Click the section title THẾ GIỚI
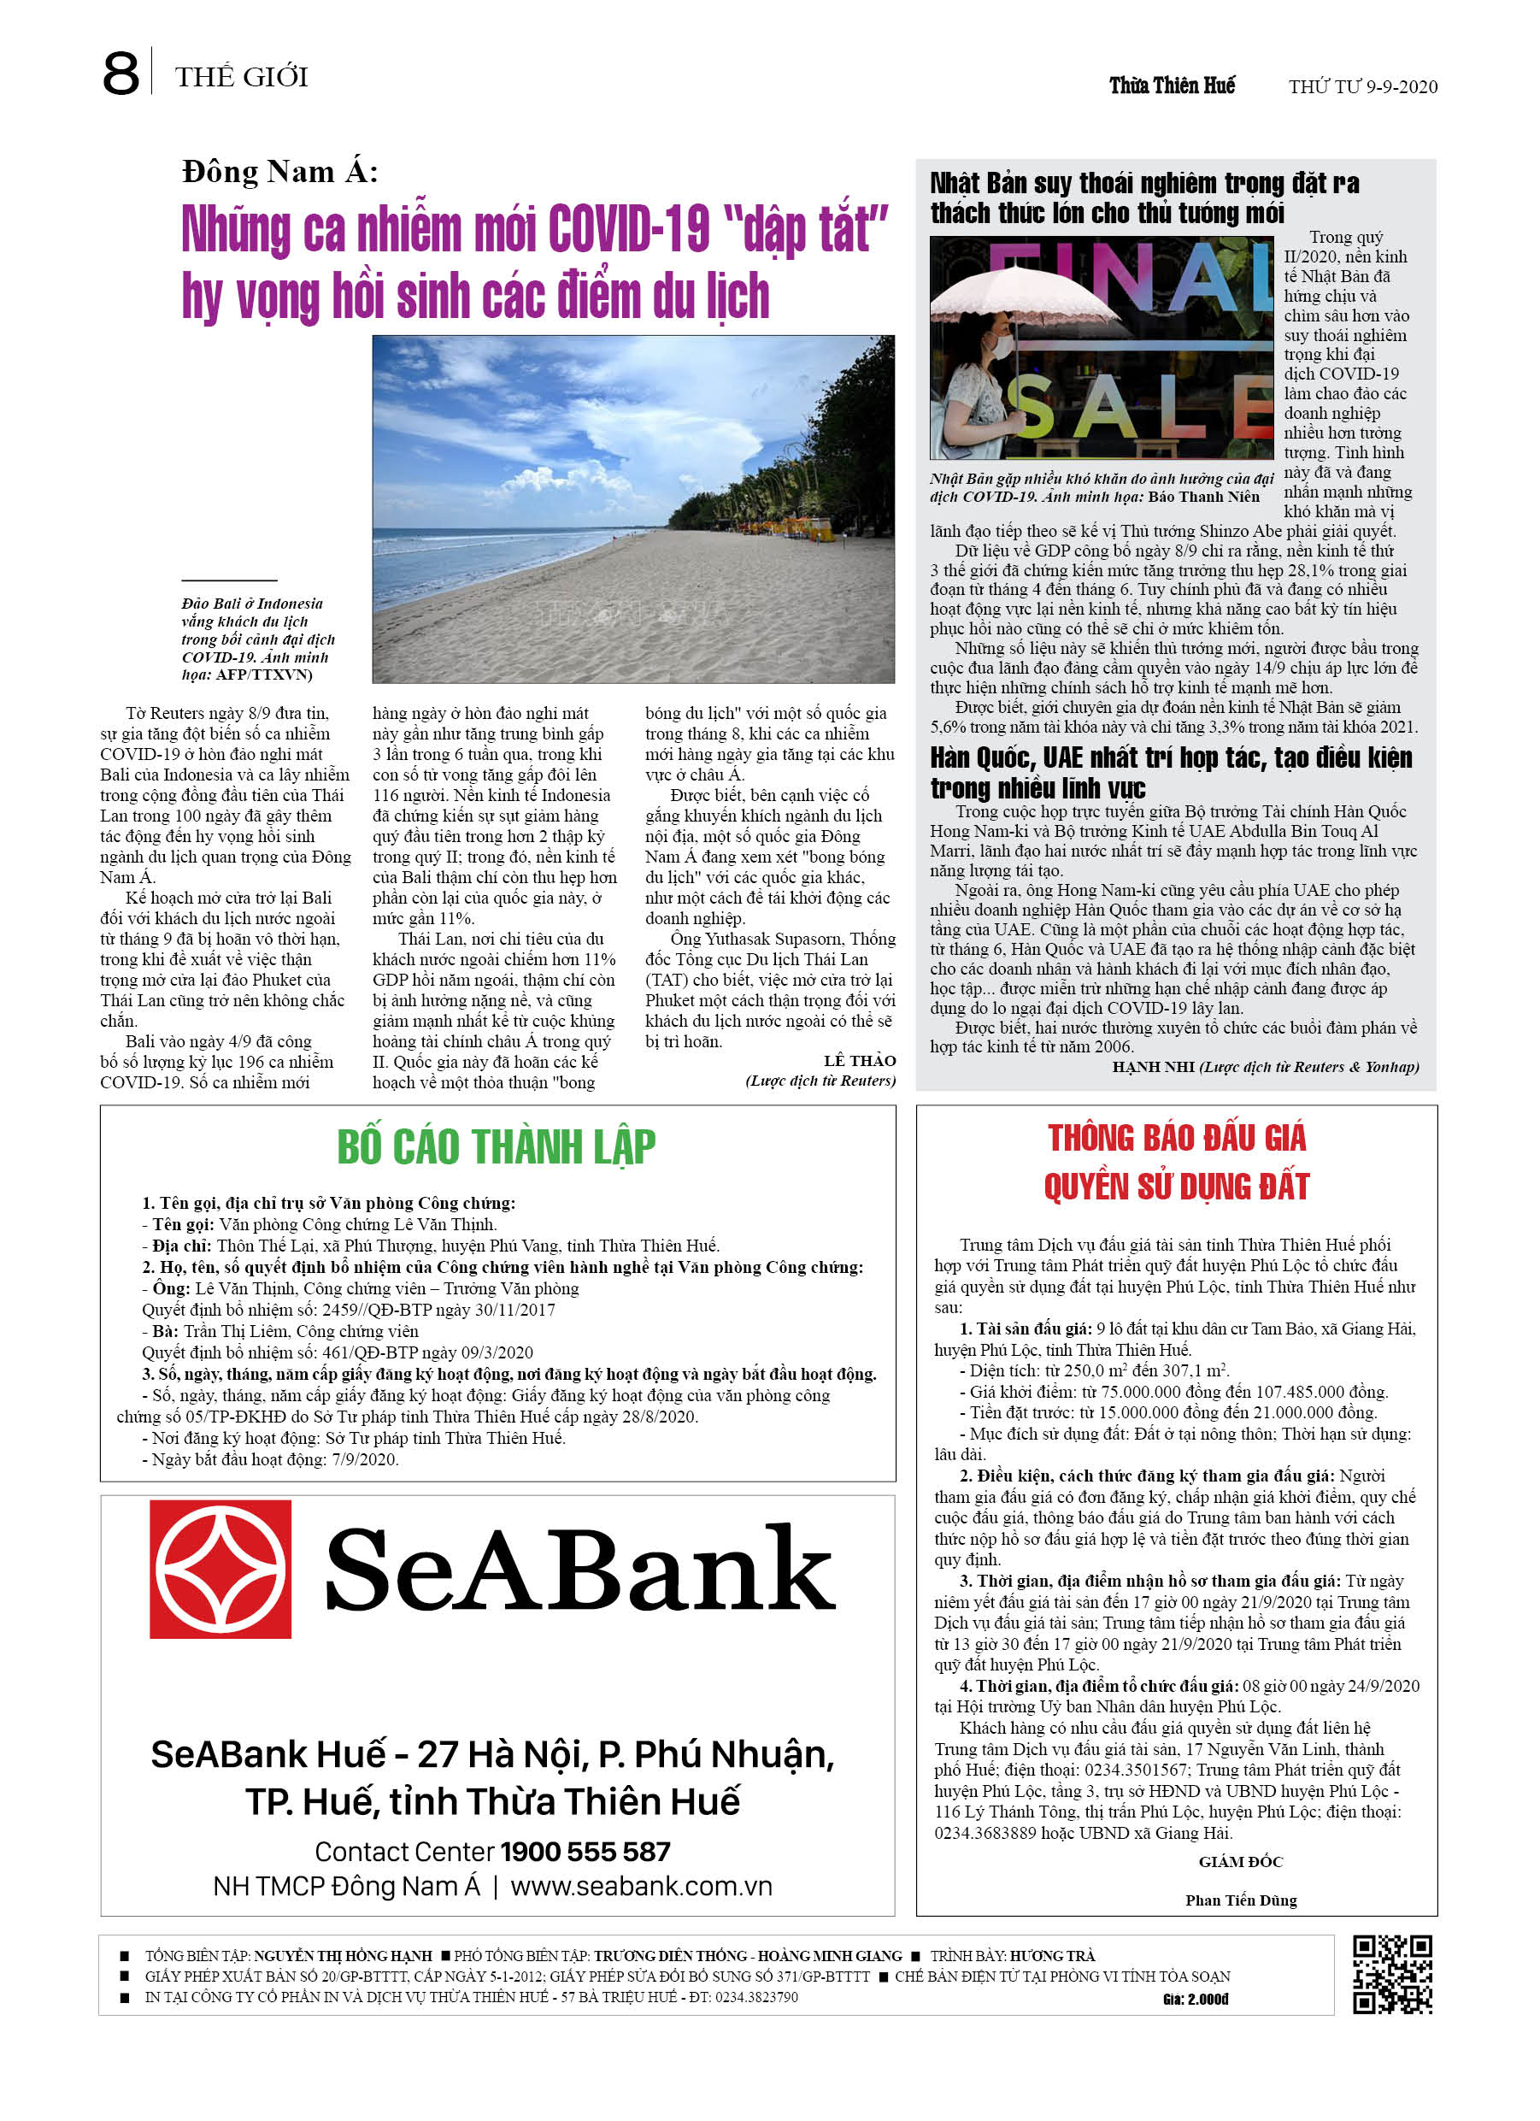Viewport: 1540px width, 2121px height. pyautogui.click(x=241, y=77)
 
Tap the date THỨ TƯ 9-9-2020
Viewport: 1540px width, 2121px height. pyautogui.click(x=1362, y=87)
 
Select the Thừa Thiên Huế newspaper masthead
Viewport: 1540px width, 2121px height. pyautogui.click(x=1172, y=86)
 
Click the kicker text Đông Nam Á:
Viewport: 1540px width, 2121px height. pyautogui.click(x=279, y=172)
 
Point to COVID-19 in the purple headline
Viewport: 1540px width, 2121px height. pyautogui.click(x=628, y=229)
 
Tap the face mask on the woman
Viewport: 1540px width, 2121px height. pyautogui.click(x=1002, y=348)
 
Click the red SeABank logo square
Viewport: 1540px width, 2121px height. pyautogui.click(x=220, y=1568)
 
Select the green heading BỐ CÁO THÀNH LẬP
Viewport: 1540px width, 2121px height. pyautogui.click(x=496, y=1146)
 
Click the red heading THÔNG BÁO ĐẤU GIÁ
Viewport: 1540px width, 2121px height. pyautogui.click(x=1176, y=1138)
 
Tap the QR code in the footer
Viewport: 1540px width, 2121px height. pyautogui.click(x=1392, y=1973)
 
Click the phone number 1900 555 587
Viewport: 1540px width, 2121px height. pyautogui.click(x=585, y=1852)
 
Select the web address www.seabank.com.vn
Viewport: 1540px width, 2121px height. pyautogui.click(x=642, y=1886)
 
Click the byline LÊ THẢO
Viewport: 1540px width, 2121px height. pyautogui.click(x=859, y=1060)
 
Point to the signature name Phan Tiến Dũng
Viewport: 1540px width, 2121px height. pyautogui.click(x=1241, y=1900)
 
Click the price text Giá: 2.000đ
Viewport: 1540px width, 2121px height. pyautogui.click(x=1195, y=1999)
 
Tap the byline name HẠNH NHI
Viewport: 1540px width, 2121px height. pyautogui.click(x=1153, y=1067)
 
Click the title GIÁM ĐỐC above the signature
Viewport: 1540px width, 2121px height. pyautogui.click(x=1241, y=1861)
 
